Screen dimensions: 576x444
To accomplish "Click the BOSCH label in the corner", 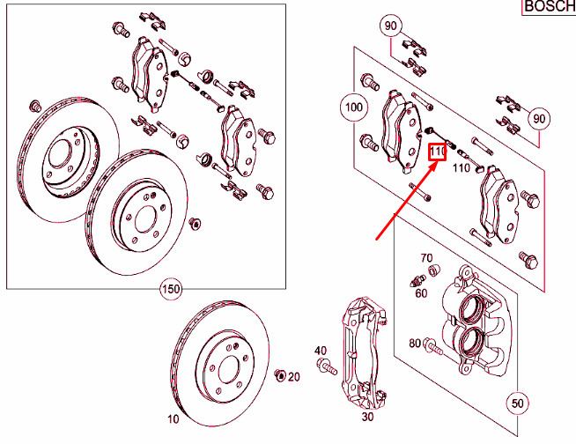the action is (550, 7).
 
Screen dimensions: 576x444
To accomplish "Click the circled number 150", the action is (171, 289).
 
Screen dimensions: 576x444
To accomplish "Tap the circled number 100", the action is (354, 107).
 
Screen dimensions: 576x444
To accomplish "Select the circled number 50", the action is (517, 403).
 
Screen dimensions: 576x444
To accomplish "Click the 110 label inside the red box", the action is (438, 152).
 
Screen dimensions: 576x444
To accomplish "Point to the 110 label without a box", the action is (461, 168).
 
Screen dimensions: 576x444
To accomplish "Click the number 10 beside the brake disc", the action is (174, 418).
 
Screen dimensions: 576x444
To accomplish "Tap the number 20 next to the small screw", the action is (293, 377).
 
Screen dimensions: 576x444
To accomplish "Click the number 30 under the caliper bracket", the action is (367, 417).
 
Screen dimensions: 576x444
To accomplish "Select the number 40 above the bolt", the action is (321, 351).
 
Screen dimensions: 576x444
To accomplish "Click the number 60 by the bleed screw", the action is (421, 293).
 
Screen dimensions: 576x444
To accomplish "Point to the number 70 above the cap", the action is (426, 258).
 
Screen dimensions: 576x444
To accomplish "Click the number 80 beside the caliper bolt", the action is (415, 343).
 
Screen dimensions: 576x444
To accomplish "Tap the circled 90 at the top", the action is (391, 26).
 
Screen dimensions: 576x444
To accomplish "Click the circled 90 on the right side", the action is (539, 119).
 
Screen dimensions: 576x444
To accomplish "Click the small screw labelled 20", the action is (280, 375).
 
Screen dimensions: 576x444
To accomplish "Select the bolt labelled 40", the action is (326, 366).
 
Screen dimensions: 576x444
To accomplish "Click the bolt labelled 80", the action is (433, 346).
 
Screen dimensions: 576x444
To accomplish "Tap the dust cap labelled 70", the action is (434, 270).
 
